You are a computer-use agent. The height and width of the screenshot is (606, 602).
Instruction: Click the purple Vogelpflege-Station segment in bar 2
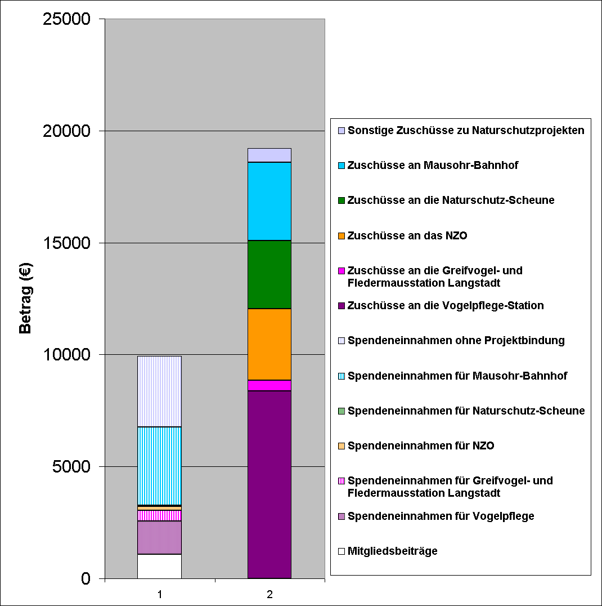click(269, 484)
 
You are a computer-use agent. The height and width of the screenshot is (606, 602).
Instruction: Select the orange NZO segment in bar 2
click(269, 344)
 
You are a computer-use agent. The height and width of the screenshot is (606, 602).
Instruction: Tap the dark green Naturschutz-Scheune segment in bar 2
click(269, 274)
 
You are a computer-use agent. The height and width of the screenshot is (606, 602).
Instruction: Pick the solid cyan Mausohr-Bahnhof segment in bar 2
click(269, 201)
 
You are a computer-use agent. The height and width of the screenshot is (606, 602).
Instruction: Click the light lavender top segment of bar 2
click(269, 155)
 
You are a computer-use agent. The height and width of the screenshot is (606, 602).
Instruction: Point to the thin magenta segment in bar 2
click(269, 385)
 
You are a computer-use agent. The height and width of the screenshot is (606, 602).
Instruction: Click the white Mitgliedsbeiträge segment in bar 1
click(159, 566)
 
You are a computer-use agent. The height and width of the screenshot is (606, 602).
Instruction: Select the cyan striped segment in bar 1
click(159, 466)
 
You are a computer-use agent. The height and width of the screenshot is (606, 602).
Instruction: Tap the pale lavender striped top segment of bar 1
click(159, 391)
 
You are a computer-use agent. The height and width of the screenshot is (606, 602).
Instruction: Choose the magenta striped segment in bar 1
click(159, 515)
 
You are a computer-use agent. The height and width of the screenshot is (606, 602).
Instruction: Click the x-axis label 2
click(269, 594)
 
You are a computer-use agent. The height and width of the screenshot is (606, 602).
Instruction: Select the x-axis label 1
click(160, 594)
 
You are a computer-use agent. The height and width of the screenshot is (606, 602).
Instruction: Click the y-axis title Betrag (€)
click(26, 298)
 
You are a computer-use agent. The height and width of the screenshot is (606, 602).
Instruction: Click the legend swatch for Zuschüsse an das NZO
click(342, 235)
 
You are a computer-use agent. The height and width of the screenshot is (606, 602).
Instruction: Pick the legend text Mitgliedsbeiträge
click(392, 551)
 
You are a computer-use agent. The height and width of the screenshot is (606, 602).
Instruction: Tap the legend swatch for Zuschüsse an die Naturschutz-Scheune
click(342, 200)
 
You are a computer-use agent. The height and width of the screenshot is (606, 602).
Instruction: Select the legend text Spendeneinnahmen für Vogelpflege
click(441, 516)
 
